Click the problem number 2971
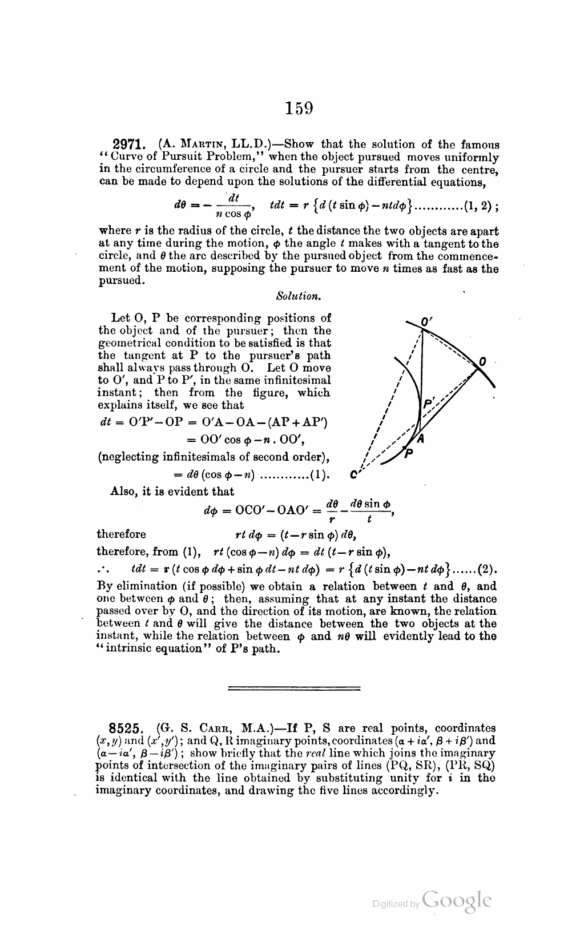click(132, 144)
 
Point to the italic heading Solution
click(297, 296)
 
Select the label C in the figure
click(354, 473)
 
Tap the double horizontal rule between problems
click(294, 688)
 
